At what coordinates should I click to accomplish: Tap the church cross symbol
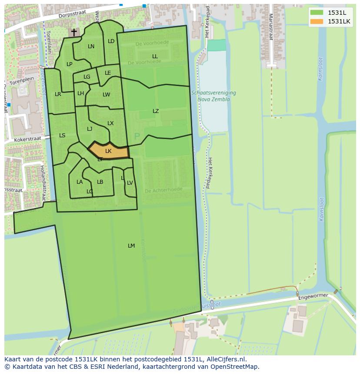pyautogui.click(x=74, y=32)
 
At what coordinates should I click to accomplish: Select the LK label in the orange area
pyautogui.click(x=108, y=151)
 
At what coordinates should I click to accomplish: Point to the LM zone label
pyautogui.click(x=131, y=246)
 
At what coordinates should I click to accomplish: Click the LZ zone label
pyautogui.click(x=156, y=111)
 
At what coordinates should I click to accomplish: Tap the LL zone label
pyautogui.click(x=155, y=56)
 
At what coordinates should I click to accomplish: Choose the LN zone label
pyautogui.click(x=91, y=46)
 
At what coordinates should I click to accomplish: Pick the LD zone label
pyautogui.click(x=111, y=41)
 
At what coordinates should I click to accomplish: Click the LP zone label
pyautogui.click(x=69, y=64)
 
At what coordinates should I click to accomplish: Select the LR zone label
pyautogui.click(x=58, y=94)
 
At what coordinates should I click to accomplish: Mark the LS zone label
pyautogui.click(x=62, y=136)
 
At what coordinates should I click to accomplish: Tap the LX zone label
pyautogui.click(x=110, y=123)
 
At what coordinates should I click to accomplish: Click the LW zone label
pyautogui.click(x=107, y=95)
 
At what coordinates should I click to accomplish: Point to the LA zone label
pyautogui.click(x=80, y=182)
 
